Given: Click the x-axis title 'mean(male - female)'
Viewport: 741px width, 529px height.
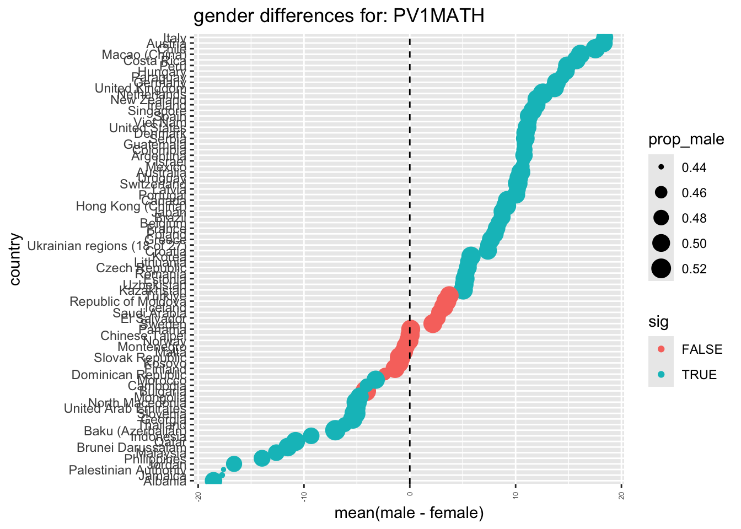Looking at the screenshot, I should [x=409, y=514].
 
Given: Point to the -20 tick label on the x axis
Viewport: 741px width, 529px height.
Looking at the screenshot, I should [x=197, y=497].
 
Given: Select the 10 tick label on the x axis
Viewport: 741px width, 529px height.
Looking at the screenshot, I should [x=516, y=497].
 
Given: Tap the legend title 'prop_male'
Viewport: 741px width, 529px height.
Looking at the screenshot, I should [x=686, y=140].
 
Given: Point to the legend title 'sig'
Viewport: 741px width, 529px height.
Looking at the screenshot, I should [x=658, y=322].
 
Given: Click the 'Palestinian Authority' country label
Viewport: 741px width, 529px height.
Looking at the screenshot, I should [x=127, y=470].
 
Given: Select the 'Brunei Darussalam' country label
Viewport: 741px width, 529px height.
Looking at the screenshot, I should [x=131, y=447].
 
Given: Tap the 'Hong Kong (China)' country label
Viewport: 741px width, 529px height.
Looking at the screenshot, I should [x=131, y=206].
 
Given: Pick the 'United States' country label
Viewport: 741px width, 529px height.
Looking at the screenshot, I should [x=147, y=128].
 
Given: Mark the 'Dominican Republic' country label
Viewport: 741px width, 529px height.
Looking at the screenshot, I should [x=129, y=375].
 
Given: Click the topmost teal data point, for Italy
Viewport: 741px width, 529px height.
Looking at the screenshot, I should [x=604, y=39].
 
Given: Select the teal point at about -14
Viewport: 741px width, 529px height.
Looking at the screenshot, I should [x=262, y=458].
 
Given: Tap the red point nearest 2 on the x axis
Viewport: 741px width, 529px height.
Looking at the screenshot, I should [x=433, y=323].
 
